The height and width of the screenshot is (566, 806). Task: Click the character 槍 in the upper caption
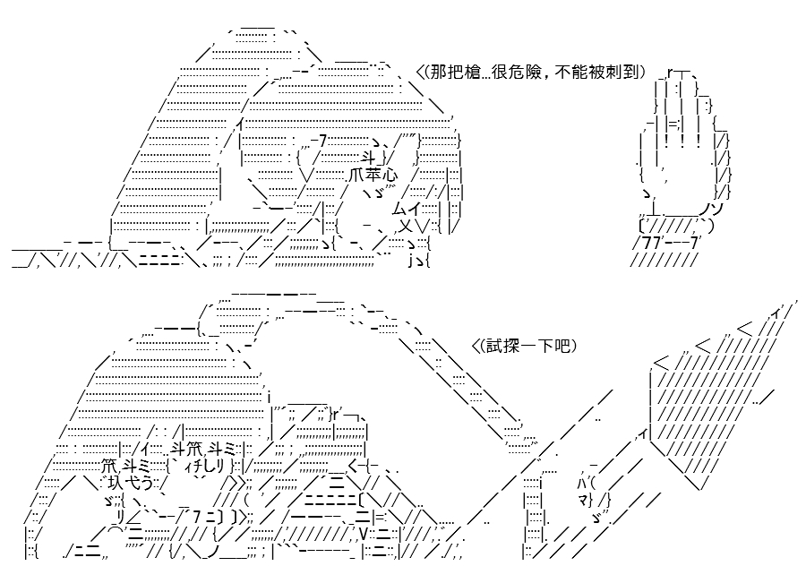[467, 73]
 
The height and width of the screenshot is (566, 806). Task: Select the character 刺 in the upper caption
[613, 73]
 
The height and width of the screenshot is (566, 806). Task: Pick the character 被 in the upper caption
[597, 73]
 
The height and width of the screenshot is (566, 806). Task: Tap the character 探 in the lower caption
[508, 346]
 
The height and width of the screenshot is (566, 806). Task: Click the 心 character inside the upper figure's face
[390, 175]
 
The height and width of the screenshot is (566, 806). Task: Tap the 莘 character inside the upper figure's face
[373, 175]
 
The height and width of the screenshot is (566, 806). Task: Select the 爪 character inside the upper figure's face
[357, 175]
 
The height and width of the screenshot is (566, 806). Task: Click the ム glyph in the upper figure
[399, 209]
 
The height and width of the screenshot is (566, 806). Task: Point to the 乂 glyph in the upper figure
[406, 226]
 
